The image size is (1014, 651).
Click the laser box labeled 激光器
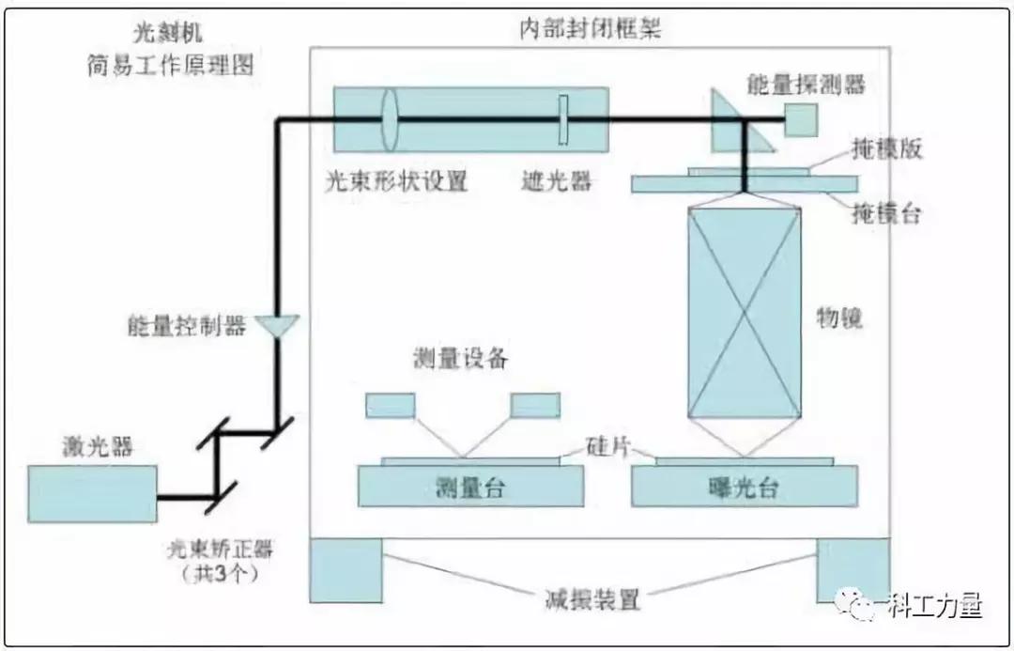tap(91, 493)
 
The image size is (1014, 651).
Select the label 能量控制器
tap(186, 326)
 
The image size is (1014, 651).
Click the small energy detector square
tap(800, 119)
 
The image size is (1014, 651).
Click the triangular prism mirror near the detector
tap(737, 127)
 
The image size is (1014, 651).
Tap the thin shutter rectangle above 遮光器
tap(562, 119)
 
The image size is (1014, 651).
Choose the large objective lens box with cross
tap(745, 313)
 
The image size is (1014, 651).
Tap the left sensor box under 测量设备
tap(390, 405)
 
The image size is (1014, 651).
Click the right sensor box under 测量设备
tap(535, 405)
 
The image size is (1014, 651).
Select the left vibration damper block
tap(346, 569)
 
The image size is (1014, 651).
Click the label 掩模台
tap(885, 214)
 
